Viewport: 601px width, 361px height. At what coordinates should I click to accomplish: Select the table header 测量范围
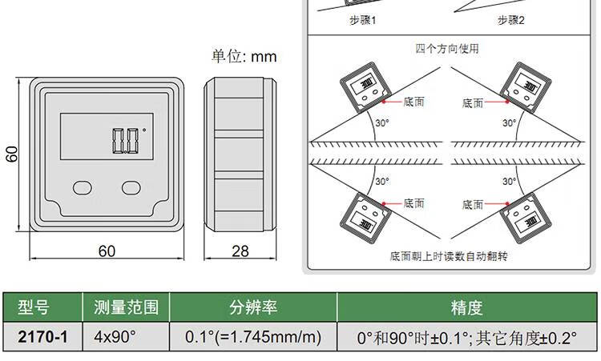(126, 307)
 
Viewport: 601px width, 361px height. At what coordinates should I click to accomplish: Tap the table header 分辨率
(252, 307)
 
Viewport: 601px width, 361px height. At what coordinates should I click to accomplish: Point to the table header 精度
(467, 307)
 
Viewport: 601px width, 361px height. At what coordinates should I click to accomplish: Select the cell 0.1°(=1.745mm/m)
(253, 336)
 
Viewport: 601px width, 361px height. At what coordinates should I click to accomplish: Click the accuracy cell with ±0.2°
(467, 336)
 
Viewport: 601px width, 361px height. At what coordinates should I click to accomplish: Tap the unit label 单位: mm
(244, 57)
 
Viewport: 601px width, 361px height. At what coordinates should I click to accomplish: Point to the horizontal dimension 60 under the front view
(107, 251)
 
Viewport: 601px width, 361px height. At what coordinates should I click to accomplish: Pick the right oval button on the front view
(131, 187)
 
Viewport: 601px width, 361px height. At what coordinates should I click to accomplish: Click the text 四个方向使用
(447, 48)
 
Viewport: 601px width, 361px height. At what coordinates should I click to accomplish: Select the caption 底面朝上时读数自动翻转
(449, 257)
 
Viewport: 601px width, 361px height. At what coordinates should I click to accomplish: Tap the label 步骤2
(510, 19)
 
